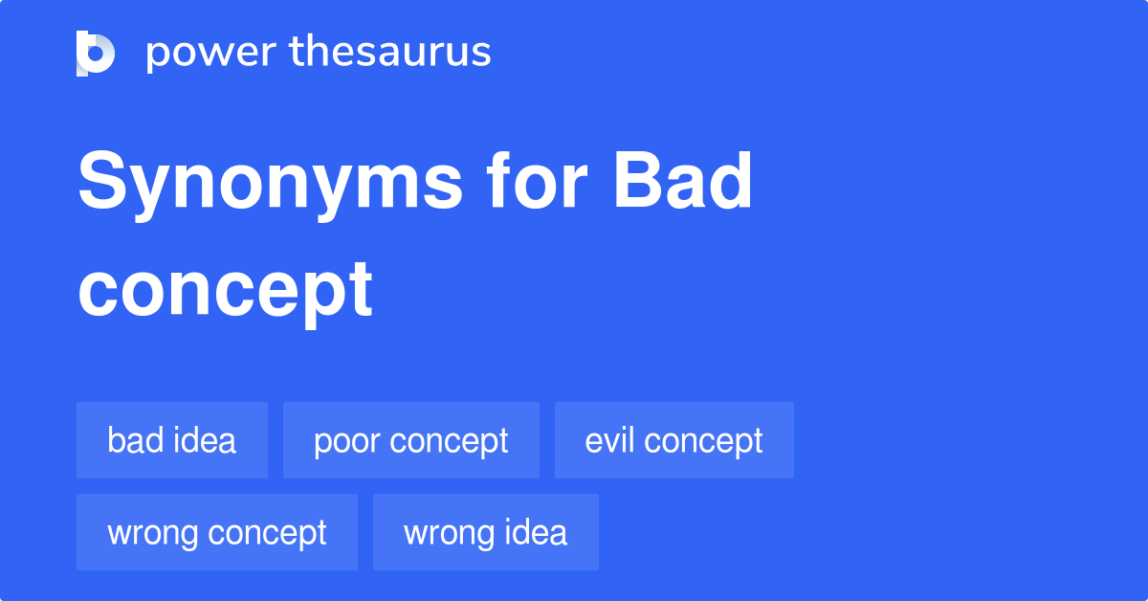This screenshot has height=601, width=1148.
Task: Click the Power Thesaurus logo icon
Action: tap(96, 53)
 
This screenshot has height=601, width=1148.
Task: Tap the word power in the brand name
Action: tap(209, 53)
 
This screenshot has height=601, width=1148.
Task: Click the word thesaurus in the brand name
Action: tap(390, 53)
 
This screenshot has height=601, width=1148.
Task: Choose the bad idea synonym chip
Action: tap(172, 440)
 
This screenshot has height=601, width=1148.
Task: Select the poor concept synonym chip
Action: tap(411, 440)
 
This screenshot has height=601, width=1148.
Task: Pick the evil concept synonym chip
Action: tap(674, 440)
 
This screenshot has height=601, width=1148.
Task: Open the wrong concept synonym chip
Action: tap(217, 532)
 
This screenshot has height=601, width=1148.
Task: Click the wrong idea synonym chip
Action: tap(486, 532)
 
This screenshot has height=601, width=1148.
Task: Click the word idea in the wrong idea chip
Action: tap(538, 532)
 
